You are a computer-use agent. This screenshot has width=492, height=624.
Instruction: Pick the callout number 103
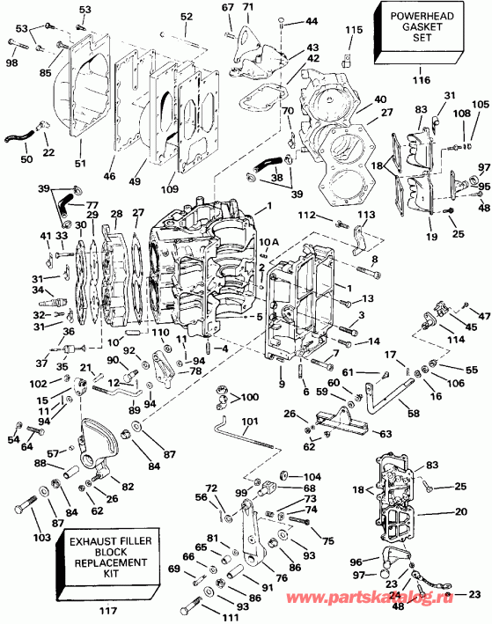(18, 537)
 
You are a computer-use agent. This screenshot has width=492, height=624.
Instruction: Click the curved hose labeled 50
(21, 136)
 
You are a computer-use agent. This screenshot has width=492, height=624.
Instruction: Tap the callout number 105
(480, 104)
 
